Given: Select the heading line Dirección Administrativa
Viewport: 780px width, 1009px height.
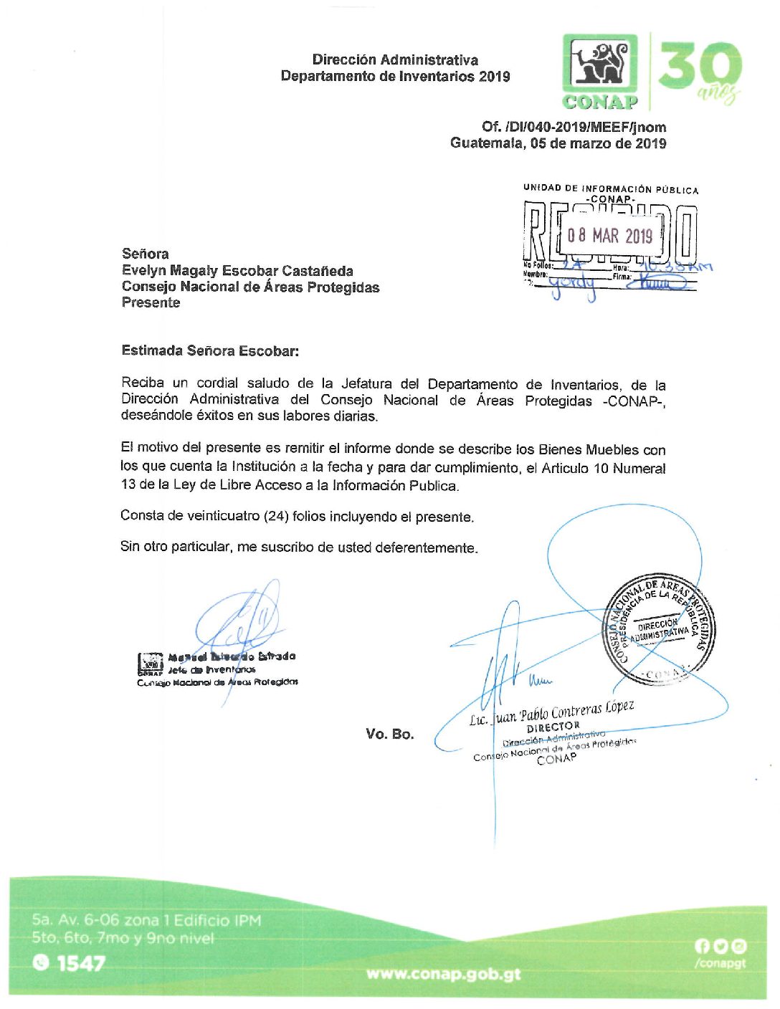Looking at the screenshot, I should click(x=395, y=59).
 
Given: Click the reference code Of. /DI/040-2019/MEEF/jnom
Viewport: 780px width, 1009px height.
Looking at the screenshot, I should click(x=574, y=127).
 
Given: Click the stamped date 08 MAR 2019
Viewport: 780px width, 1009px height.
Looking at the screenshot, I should click(x=609, y=235).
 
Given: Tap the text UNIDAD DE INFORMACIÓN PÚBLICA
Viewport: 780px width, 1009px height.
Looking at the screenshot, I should click(x=610, y=189).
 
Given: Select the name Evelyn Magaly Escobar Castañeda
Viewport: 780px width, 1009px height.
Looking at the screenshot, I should click(x=237, y=271).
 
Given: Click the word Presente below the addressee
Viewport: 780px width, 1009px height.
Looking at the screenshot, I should click(x=151, y=302).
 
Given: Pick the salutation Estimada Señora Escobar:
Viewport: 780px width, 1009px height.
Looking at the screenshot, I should click(x=210, y=351).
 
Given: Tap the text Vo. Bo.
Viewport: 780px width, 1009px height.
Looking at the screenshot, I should click(x=390, y=734).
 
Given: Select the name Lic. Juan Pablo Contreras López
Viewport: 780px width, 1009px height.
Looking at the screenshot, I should click(x=551, y=712).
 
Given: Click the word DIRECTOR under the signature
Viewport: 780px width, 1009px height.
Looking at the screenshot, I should click(x=553, y=727).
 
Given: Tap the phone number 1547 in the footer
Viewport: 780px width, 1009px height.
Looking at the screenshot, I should click(x=81, y=963).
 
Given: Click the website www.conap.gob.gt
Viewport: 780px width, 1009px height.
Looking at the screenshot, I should click(x=443, y=974).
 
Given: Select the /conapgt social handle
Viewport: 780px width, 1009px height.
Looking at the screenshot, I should click(x=720, y=963).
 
